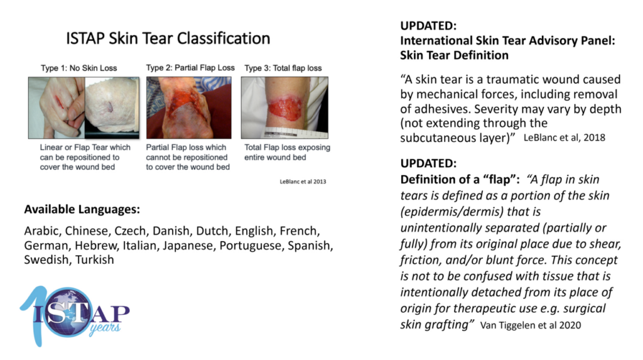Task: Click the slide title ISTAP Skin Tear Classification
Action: coord(168,38)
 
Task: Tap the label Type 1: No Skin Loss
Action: coord(78,68)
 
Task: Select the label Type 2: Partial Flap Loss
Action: coord(190,68)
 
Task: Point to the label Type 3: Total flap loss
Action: coord(283,68)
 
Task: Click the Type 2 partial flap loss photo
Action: coord(188,107)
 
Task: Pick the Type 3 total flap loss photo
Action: coord(284,107)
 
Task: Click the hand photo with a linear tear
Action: coord(57,107)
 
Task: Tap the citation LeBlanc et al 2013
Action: coord(303,182)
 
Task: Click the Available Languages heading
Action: coord(82,209)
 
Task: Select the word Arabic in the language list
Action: coord(43,231)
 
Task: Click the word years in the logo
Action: coord(105,328)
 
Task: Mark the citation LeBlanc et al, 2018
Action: coord(565,138)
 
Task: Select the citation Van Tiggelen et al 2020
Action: coord(531,325)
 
